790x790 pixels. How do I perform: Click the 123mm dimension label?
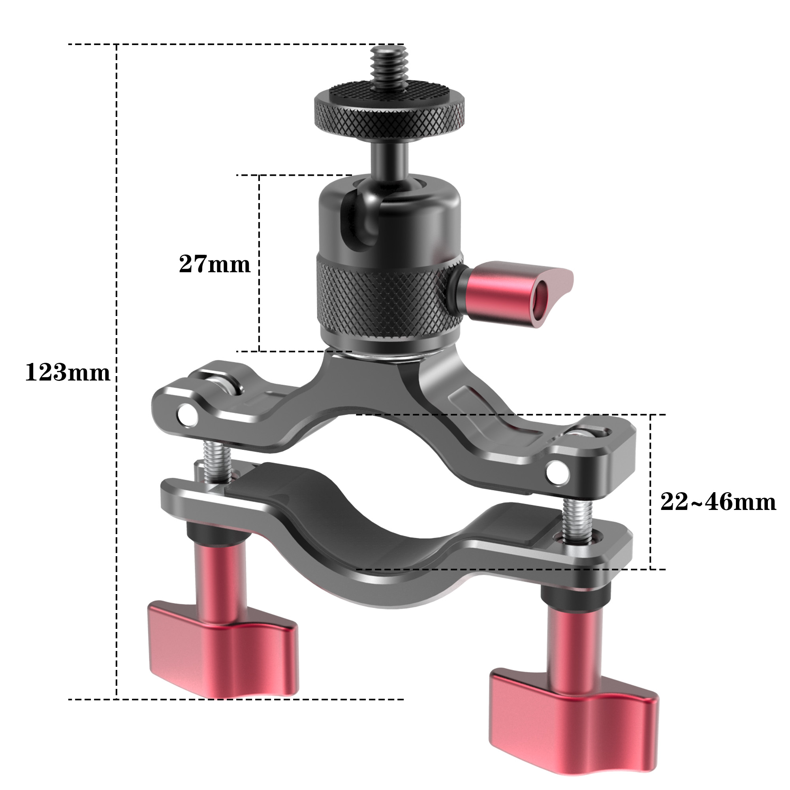68,373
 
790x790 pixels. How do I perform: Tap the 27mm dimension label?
214,264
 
